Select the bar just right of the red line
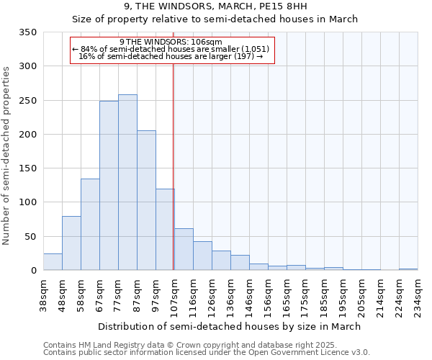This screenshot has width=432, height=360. click(184, 249)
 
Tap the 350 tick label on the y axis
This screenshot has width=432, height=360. click(28, 32)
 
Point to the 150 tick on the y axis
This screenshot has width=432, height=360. click(28, 168)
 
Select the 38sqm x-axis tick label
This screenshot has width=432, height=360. click(43, 294)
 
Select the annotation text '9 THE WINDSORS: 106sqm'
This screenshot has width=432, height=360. click(171, 42)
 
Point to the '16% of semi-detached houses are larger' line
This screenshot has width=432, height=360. click(171, 56)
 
